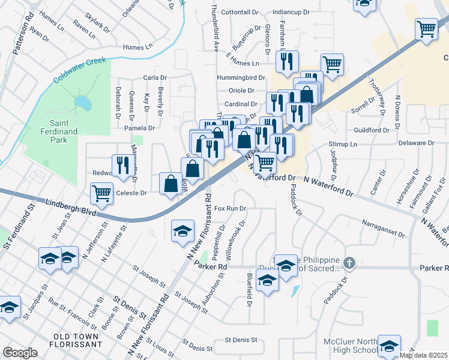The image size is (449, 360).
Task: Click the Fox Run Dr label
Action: [231, 209]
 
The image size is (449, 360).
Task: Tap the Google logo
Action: [20, 353]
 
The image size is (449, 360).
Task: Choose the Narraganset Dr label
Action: [385, 224]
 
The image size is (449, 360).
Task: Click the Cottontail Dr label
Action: [240, 12]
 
